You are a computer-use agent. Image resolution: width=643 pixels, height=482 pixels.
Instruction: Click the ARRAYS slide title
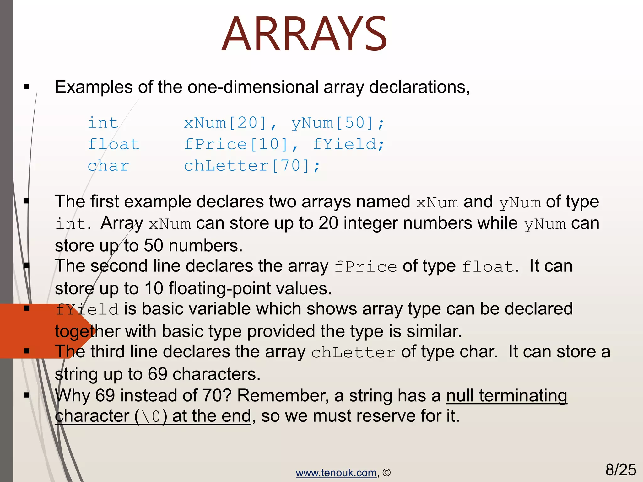point(304,34)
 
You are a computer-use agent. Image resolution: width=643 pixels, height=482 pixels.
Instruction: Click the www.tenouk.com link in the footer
point(336,473)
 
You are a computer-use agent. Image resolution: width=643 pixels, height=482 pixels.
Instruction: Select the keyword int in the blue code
point(103,122)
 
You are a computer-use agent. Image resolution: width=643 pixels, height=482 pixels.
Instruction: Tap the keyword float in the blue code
point(114,144)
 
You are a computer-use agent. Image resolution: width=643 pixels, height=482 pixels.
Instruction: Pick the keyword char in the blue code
point(108,166)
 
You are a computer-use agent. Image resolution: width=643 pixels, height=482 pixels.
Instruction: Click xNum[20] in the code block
point(225,123)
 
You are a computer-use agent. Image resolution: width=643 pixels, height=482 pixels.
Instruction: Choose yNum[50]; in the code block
point(338,123)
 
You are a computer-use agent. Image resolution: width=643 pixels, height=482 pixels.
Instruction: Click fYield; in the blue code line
point(349,144)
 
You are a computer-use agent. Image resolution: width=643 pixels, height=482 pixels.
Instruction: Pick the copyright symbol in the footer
point(386,473)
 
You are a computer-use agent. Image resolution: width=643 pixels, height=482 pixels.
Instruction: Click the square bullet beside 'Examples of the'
point(27,87)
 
